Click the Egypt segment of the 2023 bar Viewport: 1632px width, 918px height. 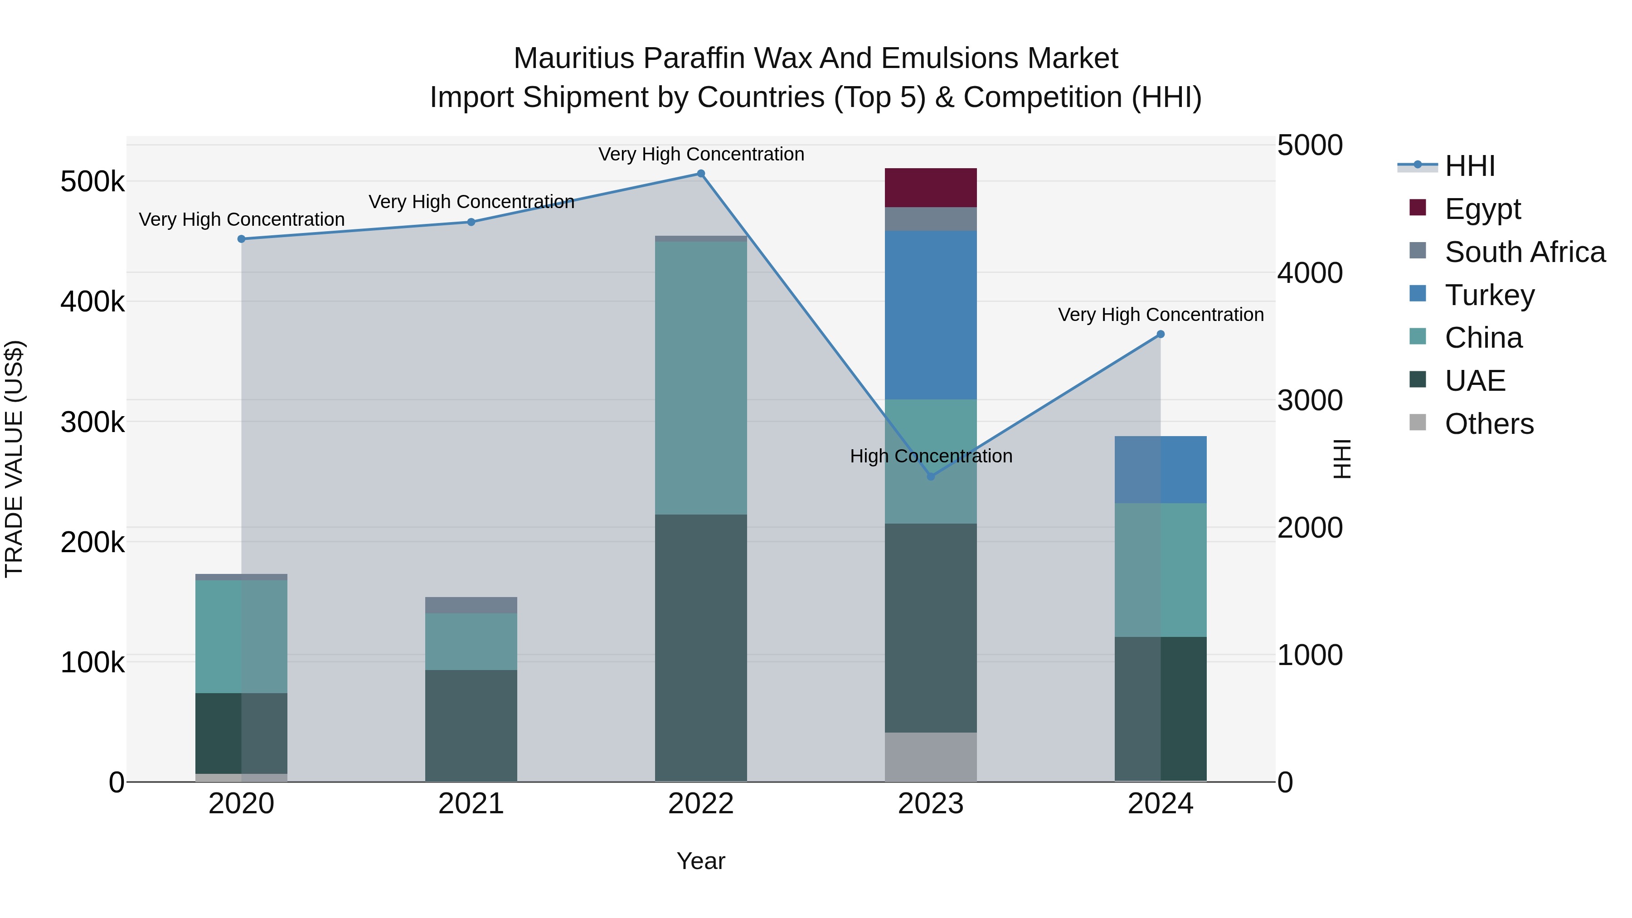pos(930,188)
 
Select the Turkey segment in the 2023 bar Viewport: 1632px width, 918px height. pos(930,315)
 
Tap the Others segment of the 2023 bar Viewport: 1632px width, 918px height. pos(930,757)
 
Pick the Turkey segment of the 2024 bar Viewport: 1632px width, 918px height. pos(1160,470)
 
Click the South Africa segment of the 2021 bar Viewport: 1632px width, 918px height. pos(471,605)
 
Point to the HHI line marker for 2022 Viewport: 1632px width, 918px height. pos(701,174)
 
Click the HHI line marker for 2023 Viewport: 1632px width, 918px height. pos(930,476)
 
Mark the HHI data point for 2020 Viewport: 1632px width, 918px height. pos(241,239)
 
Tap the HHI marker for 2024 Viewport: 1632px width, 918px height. pos(1160,335)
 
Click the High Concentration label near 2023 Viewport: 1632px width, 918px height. pos(931,456)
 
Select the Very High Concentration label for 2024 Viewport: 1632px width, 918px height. pos(1160,315)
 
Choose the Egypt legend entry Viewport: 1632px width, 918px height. pos(1482,209)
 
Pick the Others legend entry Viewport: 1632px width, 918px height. pos(1489,424)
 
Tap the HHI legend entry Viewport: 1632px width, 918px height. pos(1469,166)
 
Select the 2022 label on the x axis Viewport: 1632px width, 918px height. pos(701,804)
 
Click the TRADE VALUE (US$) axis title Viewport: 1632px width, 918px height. pos(14,459)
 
